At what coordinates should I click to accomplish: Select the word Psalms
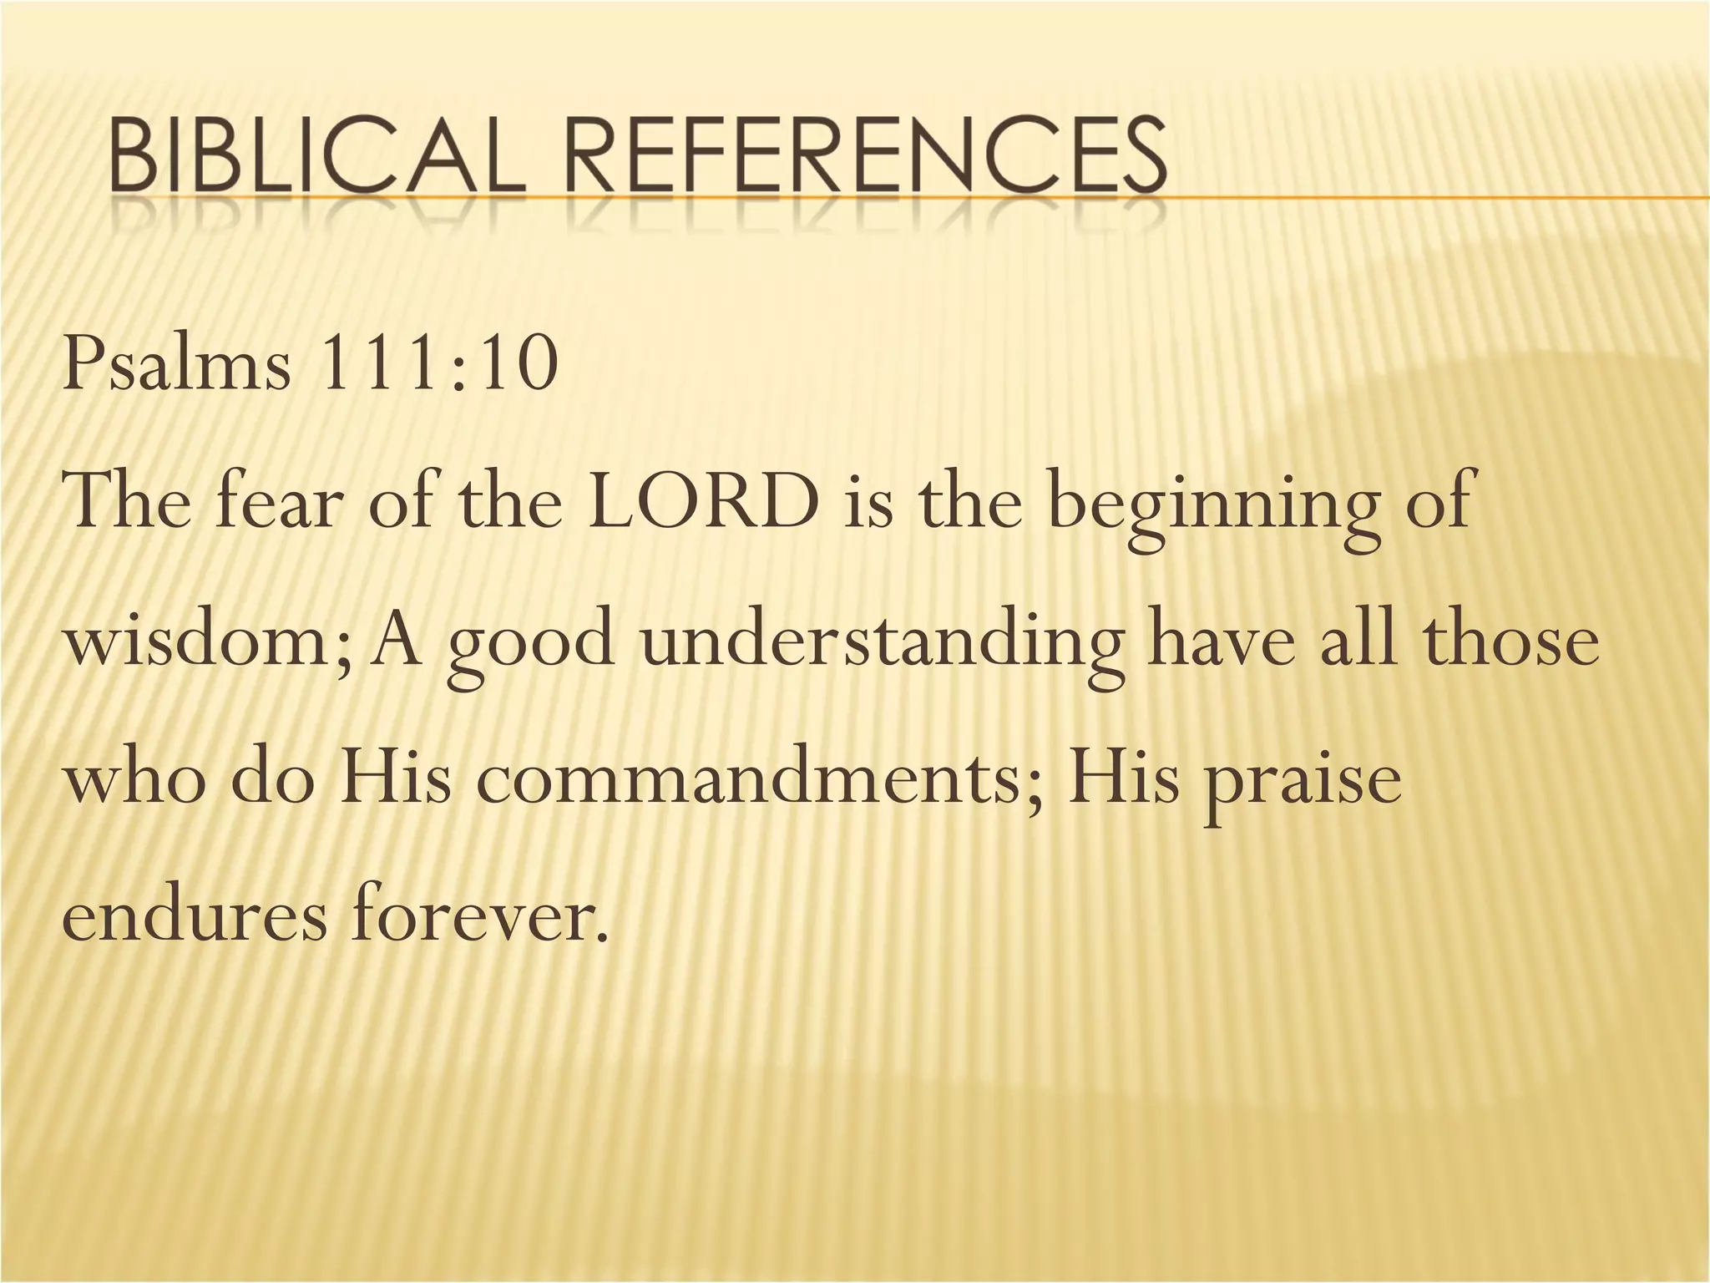pos(177,366)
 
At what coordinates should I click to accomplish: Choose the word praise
pos(1302,785)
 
